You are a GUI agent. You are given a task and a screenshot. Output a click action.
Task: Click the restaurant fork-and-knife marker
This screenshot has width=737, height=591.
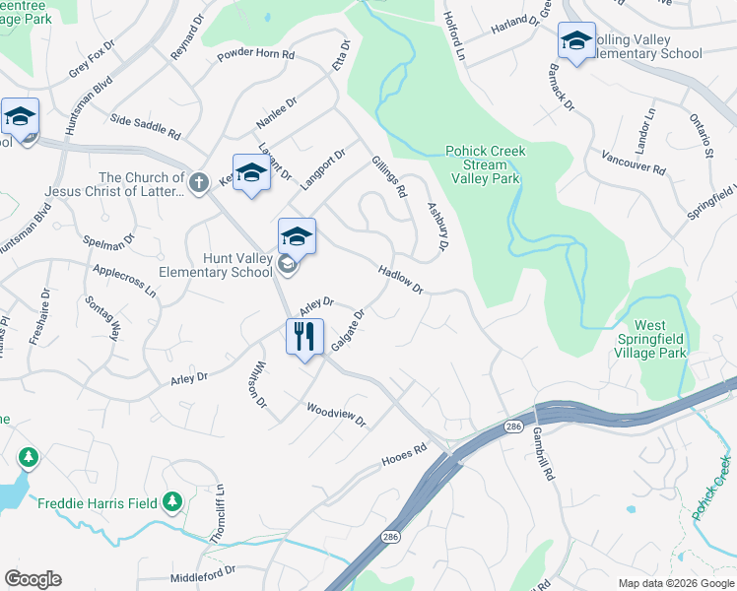tap(305, 337)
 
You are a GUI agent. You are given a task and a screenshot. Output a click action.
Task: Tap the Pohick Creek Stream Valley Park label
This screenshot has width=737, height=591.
tap(485, 164)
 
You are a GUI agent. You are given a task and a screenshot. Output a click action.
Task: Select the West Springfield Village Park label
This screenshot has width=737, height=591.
tap(649, 339)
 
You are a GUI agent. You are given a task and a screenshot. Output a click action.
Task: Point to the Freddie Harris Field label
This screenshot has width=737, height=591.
tap(97, 503)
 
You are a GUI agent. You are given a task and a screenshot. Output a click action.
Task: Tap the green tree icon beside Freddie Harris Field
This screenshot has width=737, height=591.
tap(173, 502)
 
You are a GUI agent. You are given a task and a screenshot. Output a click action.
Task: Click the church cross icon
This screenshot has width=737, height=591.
tap(198, 182)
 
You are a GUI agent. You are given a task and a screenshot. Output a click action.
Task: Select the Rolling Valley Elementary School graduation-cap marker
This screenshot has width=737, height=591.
tap(576, 41)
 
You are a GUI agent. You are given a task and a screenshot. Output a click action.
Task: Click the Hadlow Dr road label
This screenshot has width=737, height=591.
tap(401, 280)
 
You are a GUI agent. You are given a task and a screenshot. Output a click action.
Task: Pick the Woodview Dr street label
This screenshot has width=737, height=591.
tap(336, 415)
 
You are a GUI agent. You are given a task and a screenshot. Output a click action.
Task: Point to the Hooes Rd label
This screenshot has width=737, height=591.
tap(404, 456)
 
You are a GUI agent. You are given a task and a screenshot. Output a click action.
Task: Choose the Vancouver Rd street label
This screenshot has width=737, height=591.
tap(632, 162)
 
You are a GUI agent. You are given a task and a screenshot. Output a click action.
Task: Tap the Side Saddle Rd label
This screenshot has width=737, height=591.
tap(146, 126)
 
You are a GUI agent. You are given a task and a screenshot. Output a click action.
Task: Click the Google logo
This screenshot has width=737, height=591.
tap(33, 579)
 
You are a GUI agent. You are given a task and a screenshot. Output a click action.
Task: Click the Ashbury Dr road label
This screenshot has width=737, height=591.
tap(435, 226)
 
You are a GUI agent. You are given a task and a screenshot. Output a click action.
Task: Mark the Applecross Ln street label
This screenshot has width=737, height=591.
tap(124, 280)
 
